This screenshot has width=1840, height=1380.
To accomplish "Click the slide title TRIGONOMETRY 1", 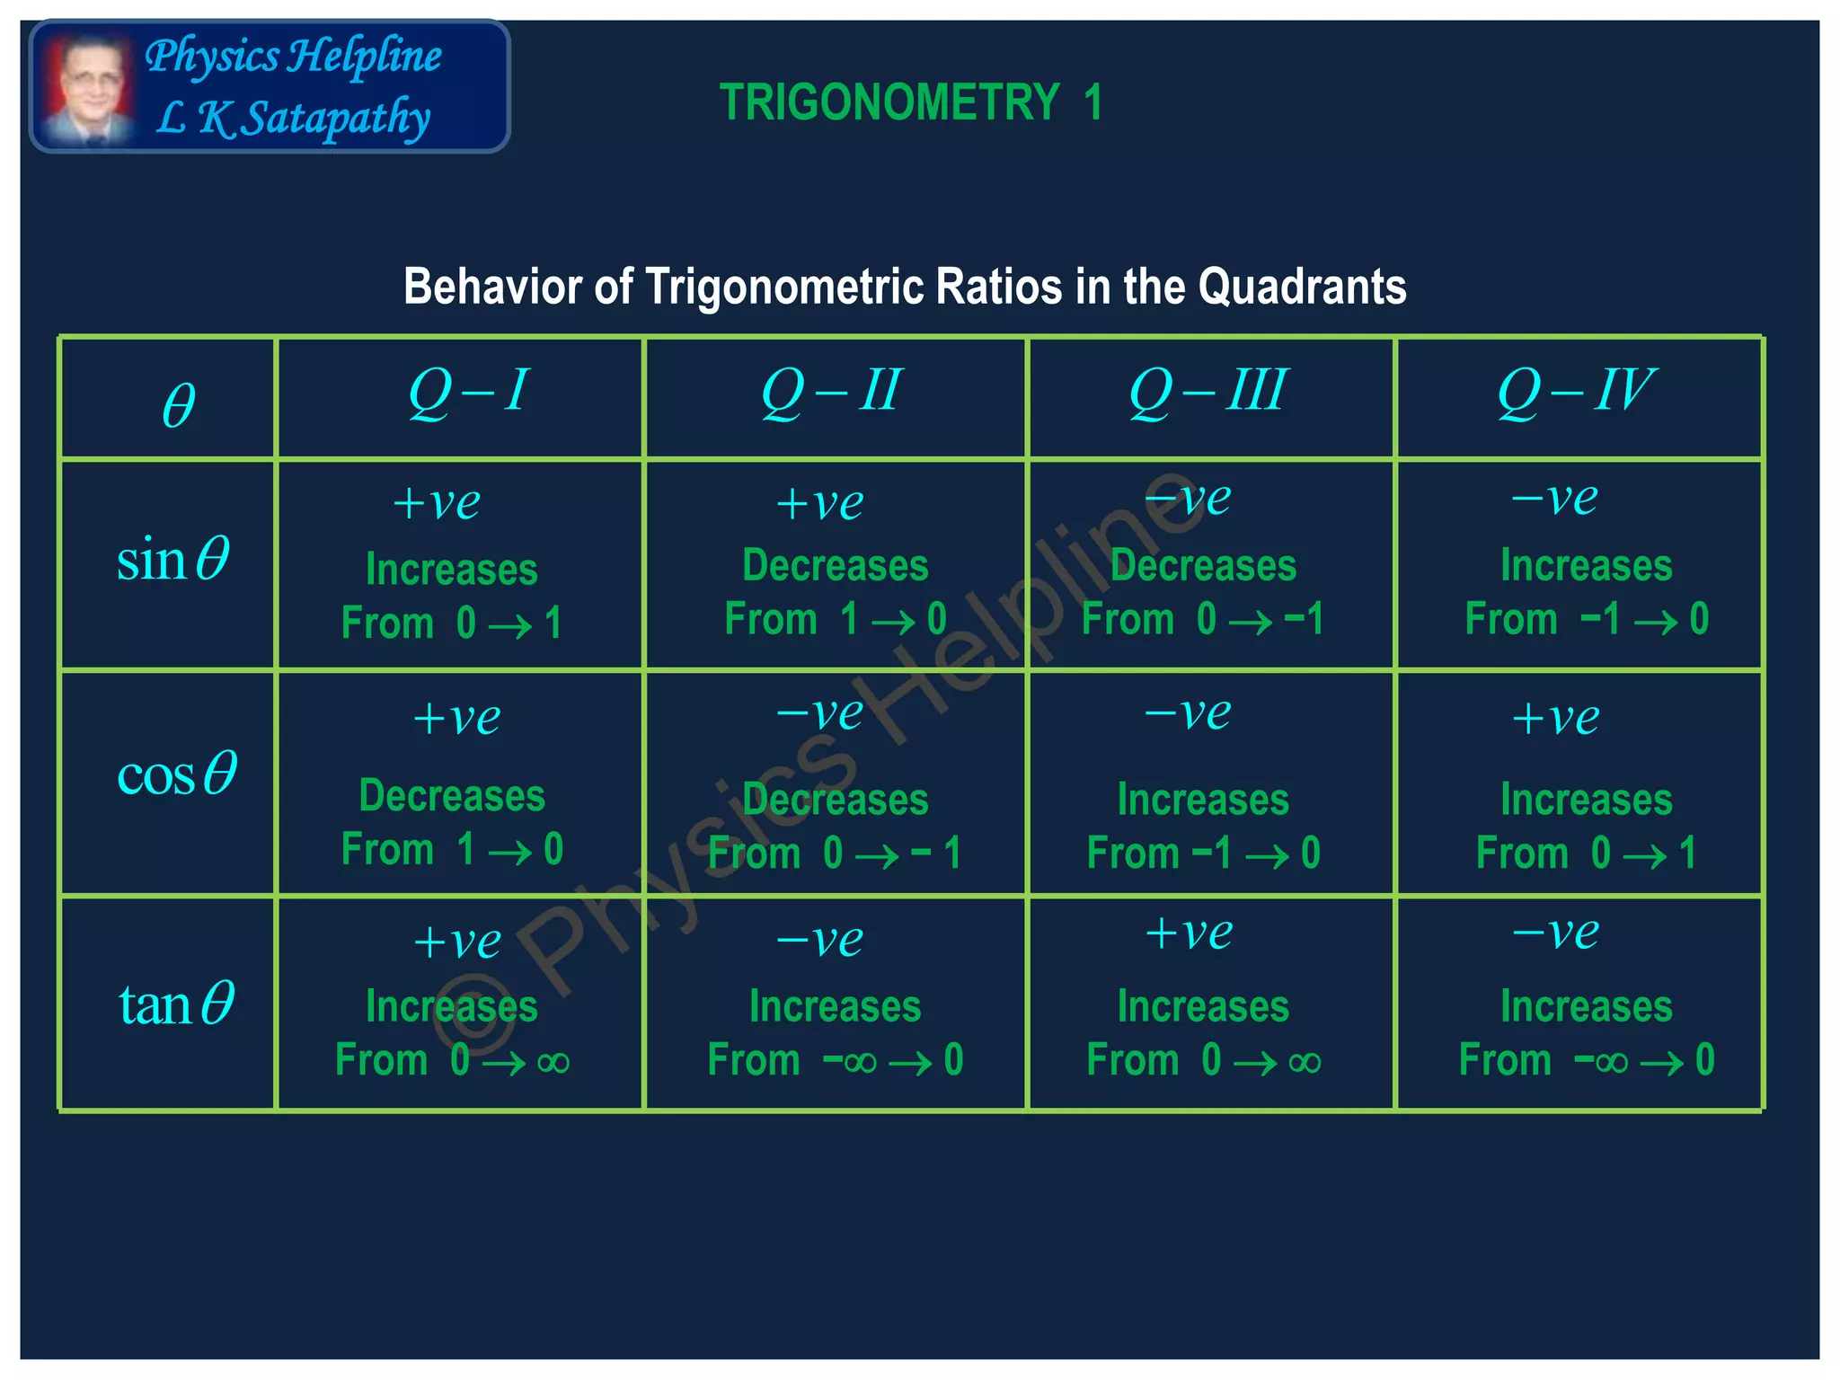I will (910, 102).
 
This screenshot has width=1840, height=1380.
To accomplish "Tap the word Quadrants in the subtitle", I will (1302, 287).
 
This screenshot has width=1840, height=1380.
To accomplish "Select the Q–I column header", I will (467, 392).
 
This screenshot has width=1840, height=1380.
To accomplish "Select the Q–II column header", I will (830, 392).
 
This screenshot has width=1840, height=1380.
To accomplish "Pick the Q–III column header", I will (1208, 392).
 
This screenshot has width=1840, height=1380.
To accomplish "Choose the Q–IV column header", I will (1576, 392).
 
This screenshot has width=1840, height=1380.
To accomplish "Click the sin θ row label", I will (173, 560).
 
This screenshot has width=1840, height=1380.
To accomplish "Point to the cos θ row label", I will (176, 774).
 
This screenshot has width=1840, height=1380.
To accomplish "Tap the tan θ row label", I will (176, 1004).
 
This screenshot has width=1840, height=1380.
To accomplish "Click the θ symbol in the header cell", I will (178, 406).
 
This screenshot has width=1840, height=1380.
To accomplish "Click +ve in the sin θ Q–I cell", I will (437, 503).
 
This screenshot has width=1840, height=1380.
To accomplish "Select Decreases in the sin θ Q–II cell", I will (835, 566).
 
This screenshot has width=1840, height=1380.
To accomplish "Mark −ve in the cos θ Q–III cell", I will (1187, 714).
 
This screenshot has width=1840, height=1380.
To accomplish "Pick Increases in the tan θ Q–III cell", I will (1203, 1006).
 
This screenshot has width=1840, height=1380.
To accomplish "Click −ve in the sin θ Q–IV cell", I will (1554, 499).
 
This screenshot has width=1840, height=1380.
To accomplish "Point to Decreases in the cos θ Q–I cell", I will (452, 796).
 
